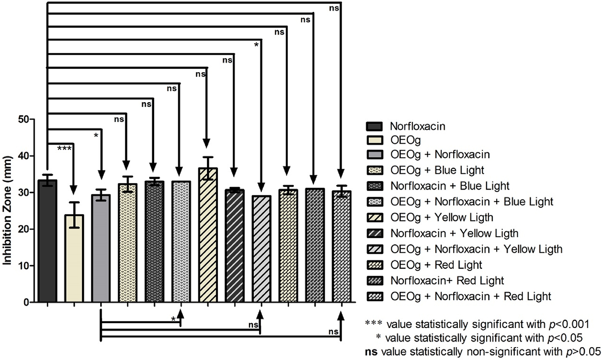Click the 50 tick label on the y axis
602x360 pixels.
24,120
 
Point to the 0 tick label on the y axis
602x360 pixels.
27,302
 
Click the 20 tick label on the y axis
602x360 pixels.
24,229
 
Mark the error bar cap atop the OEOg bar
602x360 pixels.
74,202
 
